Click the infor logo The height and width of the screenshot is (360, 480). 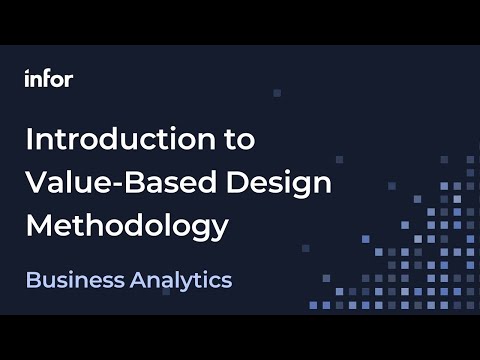point(48,79)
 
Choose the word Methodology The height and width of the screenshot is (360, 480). point(127,226)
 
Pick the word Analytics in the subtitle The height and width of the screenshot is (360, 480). point(180,280)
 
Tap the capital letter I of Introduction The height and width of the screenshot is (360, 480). point(29,139)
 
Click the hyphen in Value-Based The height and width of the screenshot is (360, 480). point(130,185)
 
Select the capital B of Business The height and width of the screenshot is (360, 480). point(32,280)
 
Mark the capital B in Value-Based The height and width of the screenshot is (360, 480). point(147,182)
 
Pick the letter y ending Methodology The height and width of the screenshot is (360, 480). point(219,230)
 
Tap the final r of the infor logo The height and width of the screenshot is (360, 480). point(68,80)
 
